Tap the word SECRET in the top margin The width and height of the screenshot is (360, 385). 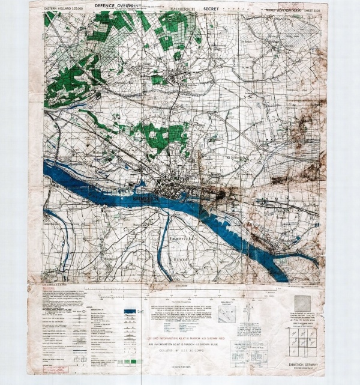[x=211, y=9]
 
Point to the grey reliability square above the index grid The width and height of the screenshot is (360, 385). [x=302, y=303]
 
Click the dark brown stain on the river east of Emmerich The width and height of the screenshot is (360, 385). [x=223, y=194]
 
